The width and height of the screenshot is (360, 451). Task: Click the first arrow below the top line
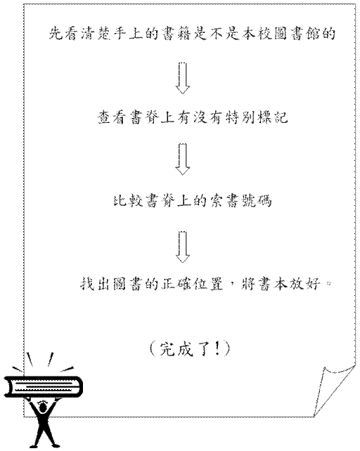coord(183,78)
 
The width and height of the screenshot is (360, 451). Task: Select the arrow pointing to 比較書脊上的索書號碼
coord(183,159)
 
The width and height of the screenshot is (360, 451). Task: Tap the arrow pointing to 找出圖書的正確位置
coord(183,247)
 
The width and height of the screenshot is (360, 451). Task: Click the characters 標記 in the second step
coord(272,117)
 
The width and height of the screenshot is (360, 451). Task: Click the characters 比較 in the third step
coord(127,200)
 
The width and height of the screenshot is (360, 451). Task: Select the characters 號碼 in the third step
coord(257,200)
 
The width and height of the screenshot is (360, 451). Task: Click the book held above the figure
coord(43,387)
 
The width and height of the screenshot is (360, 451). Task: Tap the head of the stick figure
coord(43,407)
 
